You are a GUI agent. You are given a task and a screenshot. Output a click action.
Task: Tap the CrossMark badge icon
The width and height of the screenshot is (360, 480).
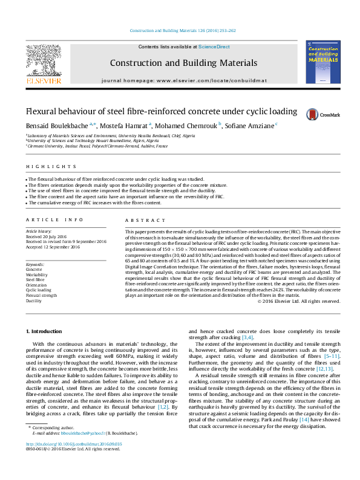coord(312,114)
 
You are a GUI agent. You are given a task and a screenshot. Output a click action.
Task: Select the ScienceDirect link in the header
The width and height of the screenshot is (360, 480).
coord(214,47)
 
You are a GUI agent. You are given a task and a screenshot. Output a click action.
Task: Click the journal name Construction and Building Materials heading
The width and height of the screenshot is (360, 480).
coord(183,63)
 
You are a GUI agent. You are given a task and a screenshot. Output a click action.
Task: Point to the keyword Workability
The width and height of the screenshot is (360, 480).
coord(37,274)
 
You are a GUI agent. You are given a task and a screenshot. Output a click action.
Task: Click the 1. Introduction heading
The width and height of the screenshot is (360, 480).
coord(45,332)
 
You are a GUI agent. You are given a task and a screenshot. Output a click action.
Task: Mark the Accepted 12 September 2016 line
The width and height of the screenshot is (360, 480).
coord(53,247)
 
